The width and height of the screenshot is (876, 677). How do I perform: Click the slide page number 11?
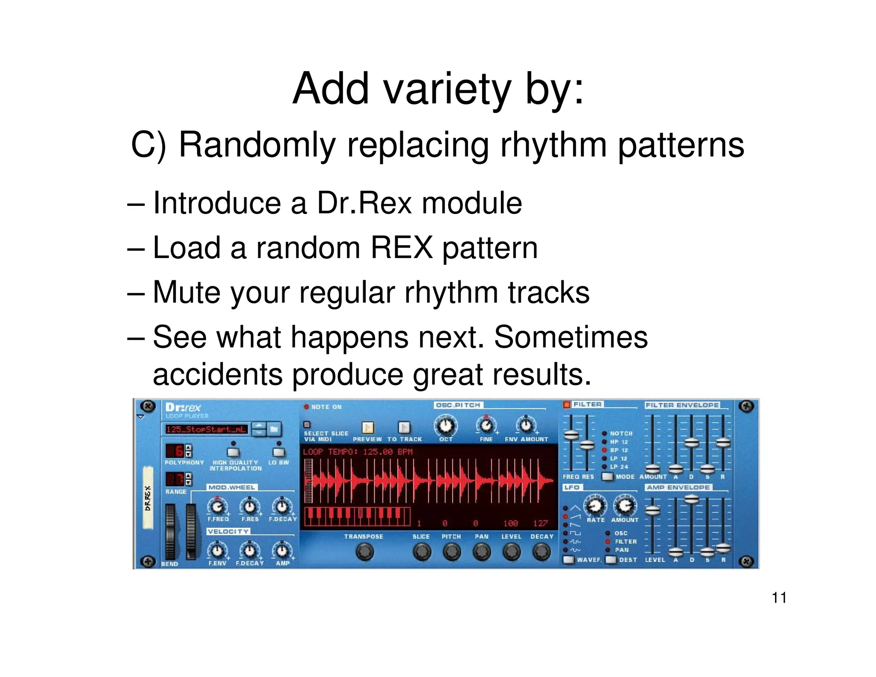pyautogui.click(x=779, y=597)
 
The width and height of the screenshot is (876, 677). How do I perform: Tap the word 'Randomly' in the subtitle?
pyautogui.click(x=257, y=145)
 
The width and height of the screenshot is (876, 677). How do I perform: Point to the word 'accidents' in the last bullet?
pyautogui.click(x=217, y=374)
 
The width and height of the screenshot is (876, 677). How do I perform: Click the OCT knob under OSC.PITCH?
pyautogui.click(x=446, y=425)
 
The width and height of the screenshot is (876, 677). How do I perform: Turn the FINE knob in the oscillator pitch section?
pyautogui.click(x=486, y=425)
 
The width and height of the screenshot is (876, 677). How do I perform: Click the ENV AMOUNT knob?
pyautogui.click(x=526, y=425)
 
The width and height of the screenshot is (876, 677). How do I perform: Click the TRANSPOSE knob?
pyautogui.click(x=364, y=552)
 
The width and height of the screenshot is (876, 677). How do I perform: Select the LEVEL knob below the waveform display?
pyautogui.click(x=511, y=552)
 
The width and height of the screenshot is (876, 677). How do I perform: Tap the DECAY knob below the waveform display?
pyautogui.click(x=542, y=552)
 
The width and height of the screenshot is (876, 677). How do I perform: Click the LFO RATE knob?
pyautogui.click(x=595, y=506)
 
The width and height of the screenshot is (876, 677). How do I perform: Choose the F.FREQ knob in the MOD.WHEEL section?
pyautogui.click(x=217, y=507)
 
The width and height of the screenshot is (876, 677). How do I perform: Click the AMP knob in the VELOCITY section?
pyautogui.click(x=282, y=551)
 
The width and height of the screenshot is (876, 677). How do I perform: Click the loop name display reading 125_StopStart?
pyautogui.click(x=206, y=429)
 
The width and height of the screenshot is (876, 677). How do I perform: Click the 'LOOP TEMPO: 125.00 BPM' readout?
pyautogui.click(x=358, y=452)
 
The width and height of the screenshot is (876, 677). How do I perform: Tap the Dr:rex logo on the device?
pyautogui.click(x=183, y=407)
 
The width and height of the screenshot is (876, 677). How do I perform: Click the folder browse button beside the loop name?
pyautogui.click(x=274, y=429)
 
